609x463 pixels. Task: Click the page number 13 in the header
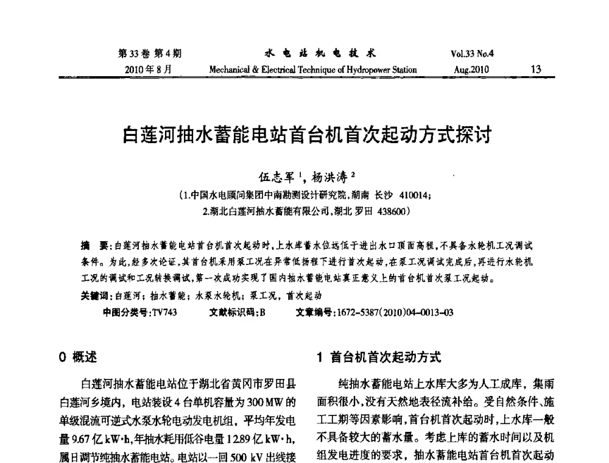click(x=536, y=69)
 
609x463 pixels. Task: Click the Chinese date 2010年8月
click(x=146, y=69)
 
